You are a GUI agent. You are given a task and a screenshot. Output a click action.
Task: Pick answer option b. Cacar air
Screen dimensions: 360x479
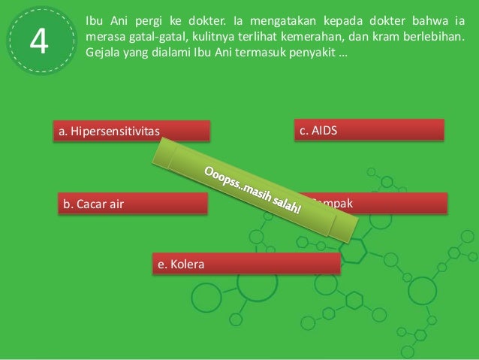[132, 203]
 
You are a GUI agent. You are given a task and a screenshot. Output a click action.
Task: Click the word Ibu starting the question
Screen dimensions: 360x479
[96, 22]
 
